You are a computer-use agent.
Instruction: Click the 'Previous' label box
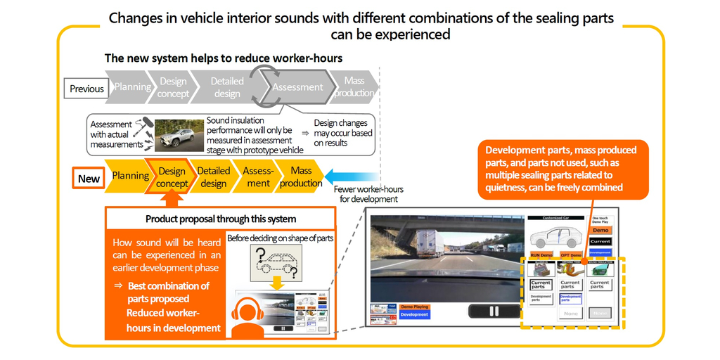[87, 89]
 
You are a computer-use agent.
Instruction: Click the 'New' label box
[89, 178]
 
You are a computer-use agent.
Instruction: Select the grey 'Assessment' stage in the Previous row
[297, 87]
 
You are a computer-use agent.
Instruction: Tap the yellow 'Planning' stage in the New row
[130, 176]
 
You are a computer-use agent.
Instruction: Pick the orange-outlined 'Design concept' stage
[172, 177]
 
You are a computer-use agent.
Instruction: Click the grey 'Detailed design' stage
[226, 87]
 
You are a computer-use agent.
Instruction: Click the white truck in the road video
[429, 243]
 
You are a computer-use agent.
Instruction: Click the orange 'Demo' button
[600, 230]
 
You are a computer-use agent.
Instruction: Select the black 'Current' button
[600, 241]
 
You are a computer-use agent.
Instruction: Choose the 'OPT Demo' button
[571, 255]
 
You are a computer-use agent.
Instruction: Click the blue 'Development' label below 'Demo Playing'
[414, 314]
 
